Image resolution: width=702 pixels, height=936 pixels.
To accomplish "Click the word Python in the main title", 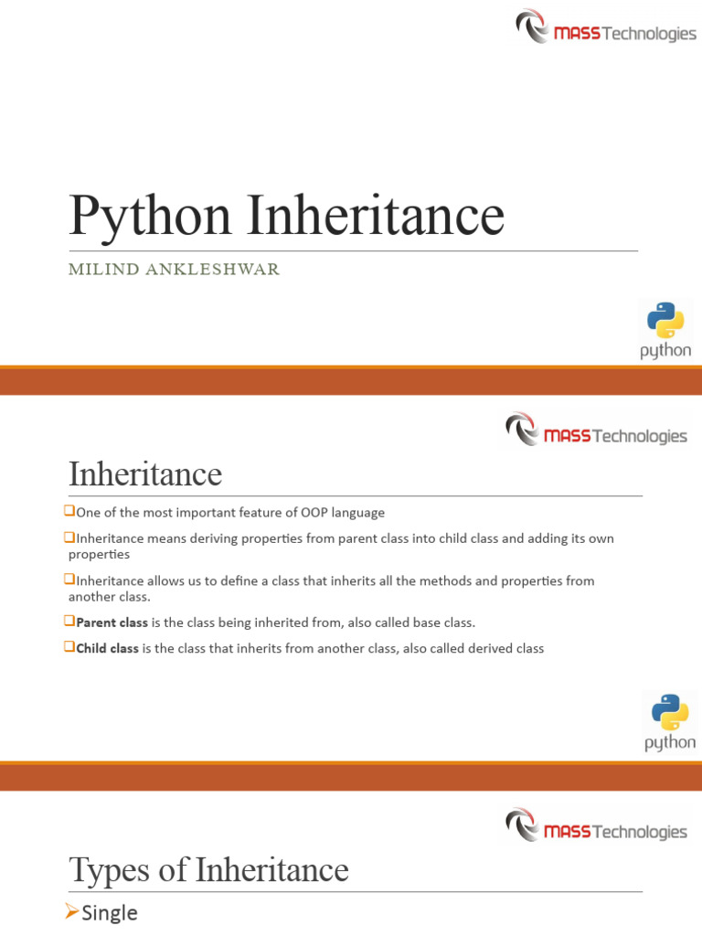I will (150, 217).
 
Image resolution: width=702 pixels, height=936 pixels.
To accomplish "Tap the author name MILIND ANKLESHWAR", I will (174, 269).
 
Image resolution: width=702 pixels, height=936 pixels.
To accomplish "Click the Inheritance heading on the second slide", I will (145, 474).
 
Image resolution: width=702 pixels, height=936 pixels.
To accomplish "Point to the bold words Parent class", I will (112, 622).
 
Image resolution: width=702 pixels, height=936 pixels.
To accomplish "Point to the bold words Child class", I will (107, 649).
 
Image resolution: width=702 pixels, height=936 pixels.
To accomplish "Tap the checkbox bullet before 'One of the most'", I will (71, 512).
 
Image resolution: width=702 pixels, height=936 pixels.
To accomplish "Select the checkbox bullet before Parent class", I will (71, 622).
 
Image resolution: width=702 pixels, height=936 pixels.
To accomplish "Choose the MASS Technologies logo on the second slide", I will (596, 431).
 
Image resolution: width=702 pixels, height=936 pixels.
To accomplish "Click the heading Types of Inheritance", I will (208, 869).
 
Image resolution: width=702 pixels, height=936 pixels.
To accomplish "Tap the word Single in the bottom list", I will (110, 912).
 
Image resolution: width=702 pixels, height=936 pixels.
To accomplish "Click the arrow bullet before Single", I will (73, 911).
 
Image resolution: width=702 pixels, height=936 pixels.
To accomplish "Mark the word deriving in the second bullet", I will (204, 539).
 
